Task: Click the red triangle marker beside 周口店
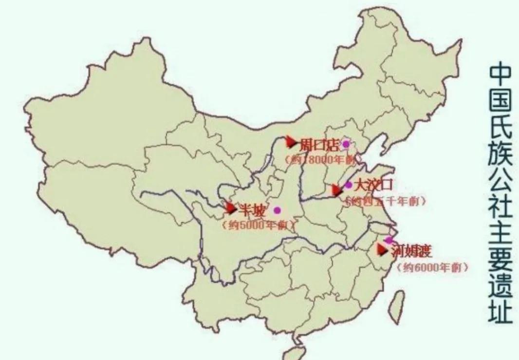(291, 142)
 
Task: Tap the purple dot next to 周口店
(346, 144)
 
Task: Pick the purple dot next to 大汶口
(349, 185)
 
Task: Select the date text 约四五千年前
(385, 201)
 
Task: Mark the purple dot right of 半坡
(278, 210)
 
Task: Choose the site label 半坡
(253, 211)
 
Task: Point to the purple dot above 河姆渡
(389, 240)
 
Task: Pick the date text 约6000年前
(433, 267)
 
